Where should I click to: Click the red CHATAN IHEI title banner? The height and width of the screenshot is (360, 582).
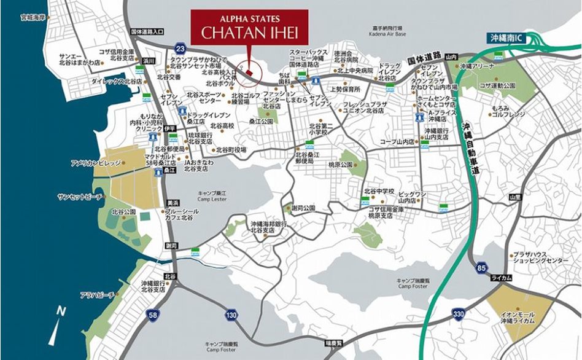249,27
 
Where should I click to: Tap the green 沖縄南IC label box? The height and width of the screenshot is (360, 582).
508,37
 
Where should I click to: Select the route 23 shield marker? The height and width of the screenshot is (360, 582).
180,48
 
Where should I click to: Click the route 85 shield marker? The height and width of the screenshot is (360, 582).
481,267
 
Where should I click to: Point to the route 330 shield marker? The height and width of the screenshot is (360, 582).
459,314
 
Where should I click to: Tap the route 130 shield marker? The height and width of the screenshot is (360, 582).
230,315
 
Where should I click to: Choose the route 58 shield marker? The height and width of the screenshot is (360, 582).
153,315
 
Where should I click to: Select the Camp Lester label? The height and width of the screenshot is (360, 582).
212,196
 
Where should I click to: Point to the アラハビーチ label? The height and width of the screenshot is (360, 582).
96,295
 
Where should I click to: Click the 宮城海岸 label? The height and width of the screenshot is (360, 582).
33,17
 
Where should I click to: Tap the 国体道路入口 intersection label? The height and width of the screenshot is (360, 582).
147,31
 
